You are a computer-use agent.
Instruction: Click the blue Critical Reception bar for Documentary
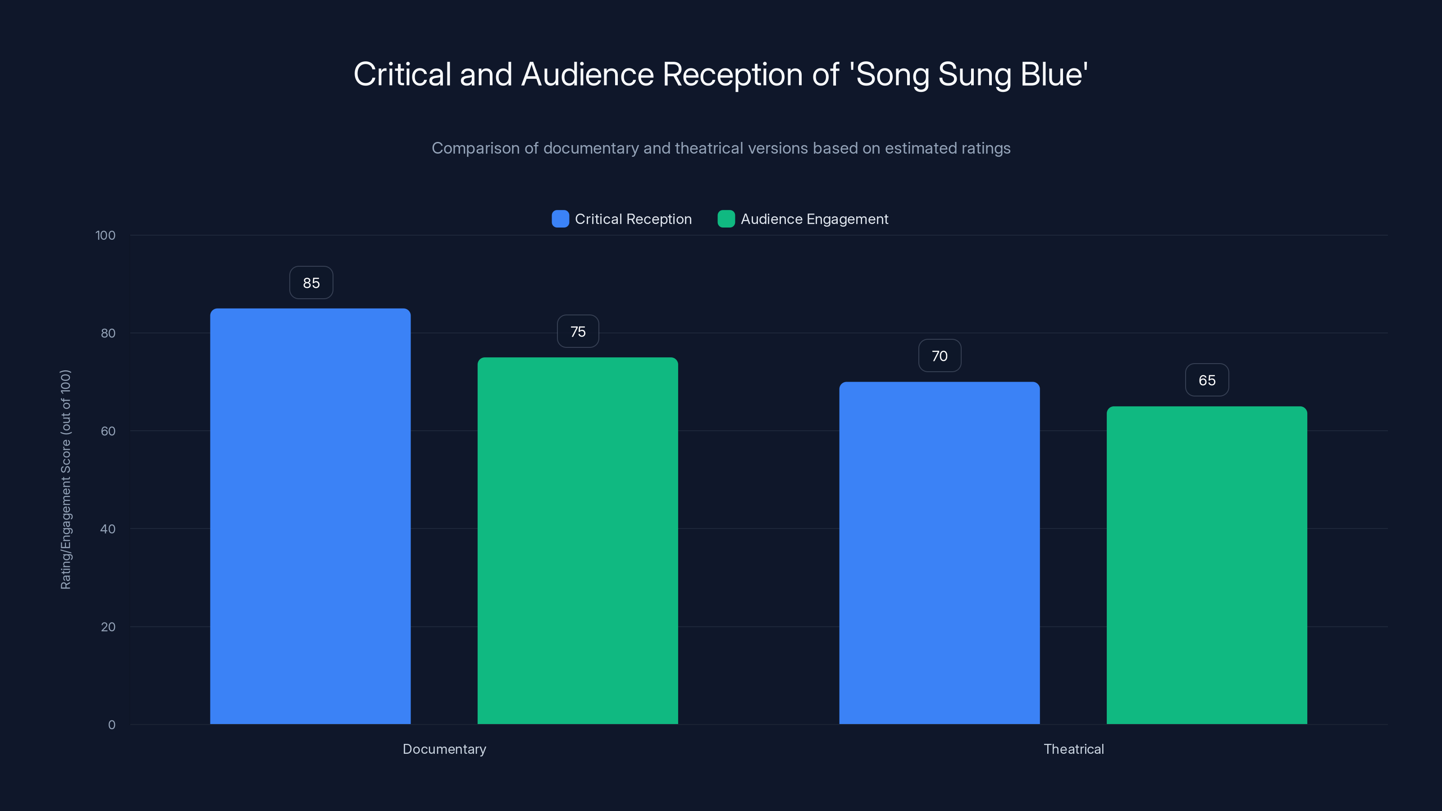point(310,515)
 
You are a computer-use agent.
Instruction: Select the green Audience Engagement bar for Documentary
point(577,540)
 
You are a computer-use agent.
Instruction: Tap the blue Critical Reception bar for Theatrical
point(939,552)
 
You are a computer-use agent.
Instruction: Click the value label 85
point(311,282)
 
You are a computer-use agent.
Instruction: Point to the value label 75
point(578,331)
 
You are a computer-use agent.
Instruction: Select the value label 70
point(939,356)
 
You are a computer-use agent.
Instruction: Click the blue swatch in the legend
point(560,219)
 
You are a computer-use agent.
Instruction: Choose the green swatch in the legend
point(726,219)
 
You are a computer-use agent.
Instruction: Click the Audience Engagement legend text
point(814,219)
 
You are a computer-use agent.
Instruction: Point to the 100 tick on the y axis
point(105,236)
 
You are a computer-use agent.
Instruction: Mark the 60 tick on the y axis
point(108,431)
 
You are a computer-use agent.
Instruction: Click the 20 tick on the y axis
point(108,627)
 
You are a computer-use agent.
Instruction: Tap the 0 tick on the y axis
point(111,725)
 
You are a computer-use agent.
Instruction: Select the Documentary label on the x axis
point(444,749)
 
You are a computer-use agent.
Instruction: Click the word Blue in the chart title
point(1054,74)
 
